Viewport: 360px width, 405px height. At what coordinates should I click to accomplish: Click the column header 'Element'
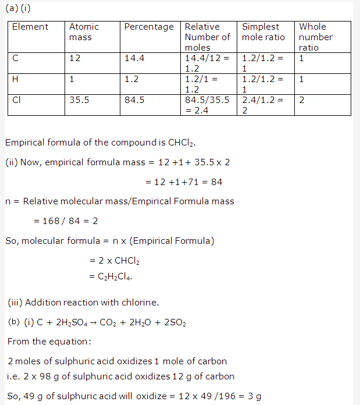click(x=30, y=27)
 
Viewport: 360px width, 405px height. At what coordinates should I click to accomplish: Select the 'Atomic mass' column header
click(x=84, y=32)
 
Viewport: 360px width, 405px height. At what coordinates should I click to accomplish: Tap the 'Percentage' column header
click(x=149, y=27)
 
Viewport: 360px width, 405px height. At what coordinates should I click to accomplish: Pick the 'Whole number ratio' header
click(x=316, y=37)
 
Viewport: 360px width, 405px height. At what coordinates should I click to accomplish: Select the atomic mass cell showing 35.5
click(x=79, y=100)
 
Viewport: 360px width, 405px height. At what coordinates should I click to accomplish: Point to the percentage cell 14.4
click(x=134, y=58)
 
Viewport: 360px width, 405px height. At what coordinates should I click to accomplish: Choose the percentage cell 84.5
click(x=134, y=100)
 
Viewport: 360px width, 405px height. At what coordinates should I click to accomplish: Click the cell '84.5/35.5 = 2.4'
click(x=207, y=105)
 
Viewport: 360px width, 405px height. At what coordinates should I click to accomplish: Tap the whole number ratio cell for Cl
click(x=301, y=100)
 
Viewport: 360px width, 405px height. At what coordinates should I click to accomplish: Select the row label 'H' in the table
click(x=15, y=79)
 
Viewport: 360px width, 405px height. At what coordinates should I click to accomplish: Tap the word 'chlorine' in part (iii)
click(x=140, y=303)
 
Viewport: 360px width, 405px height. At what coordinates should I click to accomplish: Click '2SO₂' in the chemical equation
click(x=173, y=323)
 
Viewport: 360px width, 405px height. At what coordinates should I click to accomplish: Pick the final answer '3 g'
click(x=254, y=397)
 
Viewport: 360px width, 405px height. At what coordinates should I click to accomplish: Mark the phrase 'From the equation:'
click(x=43, y=342)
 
